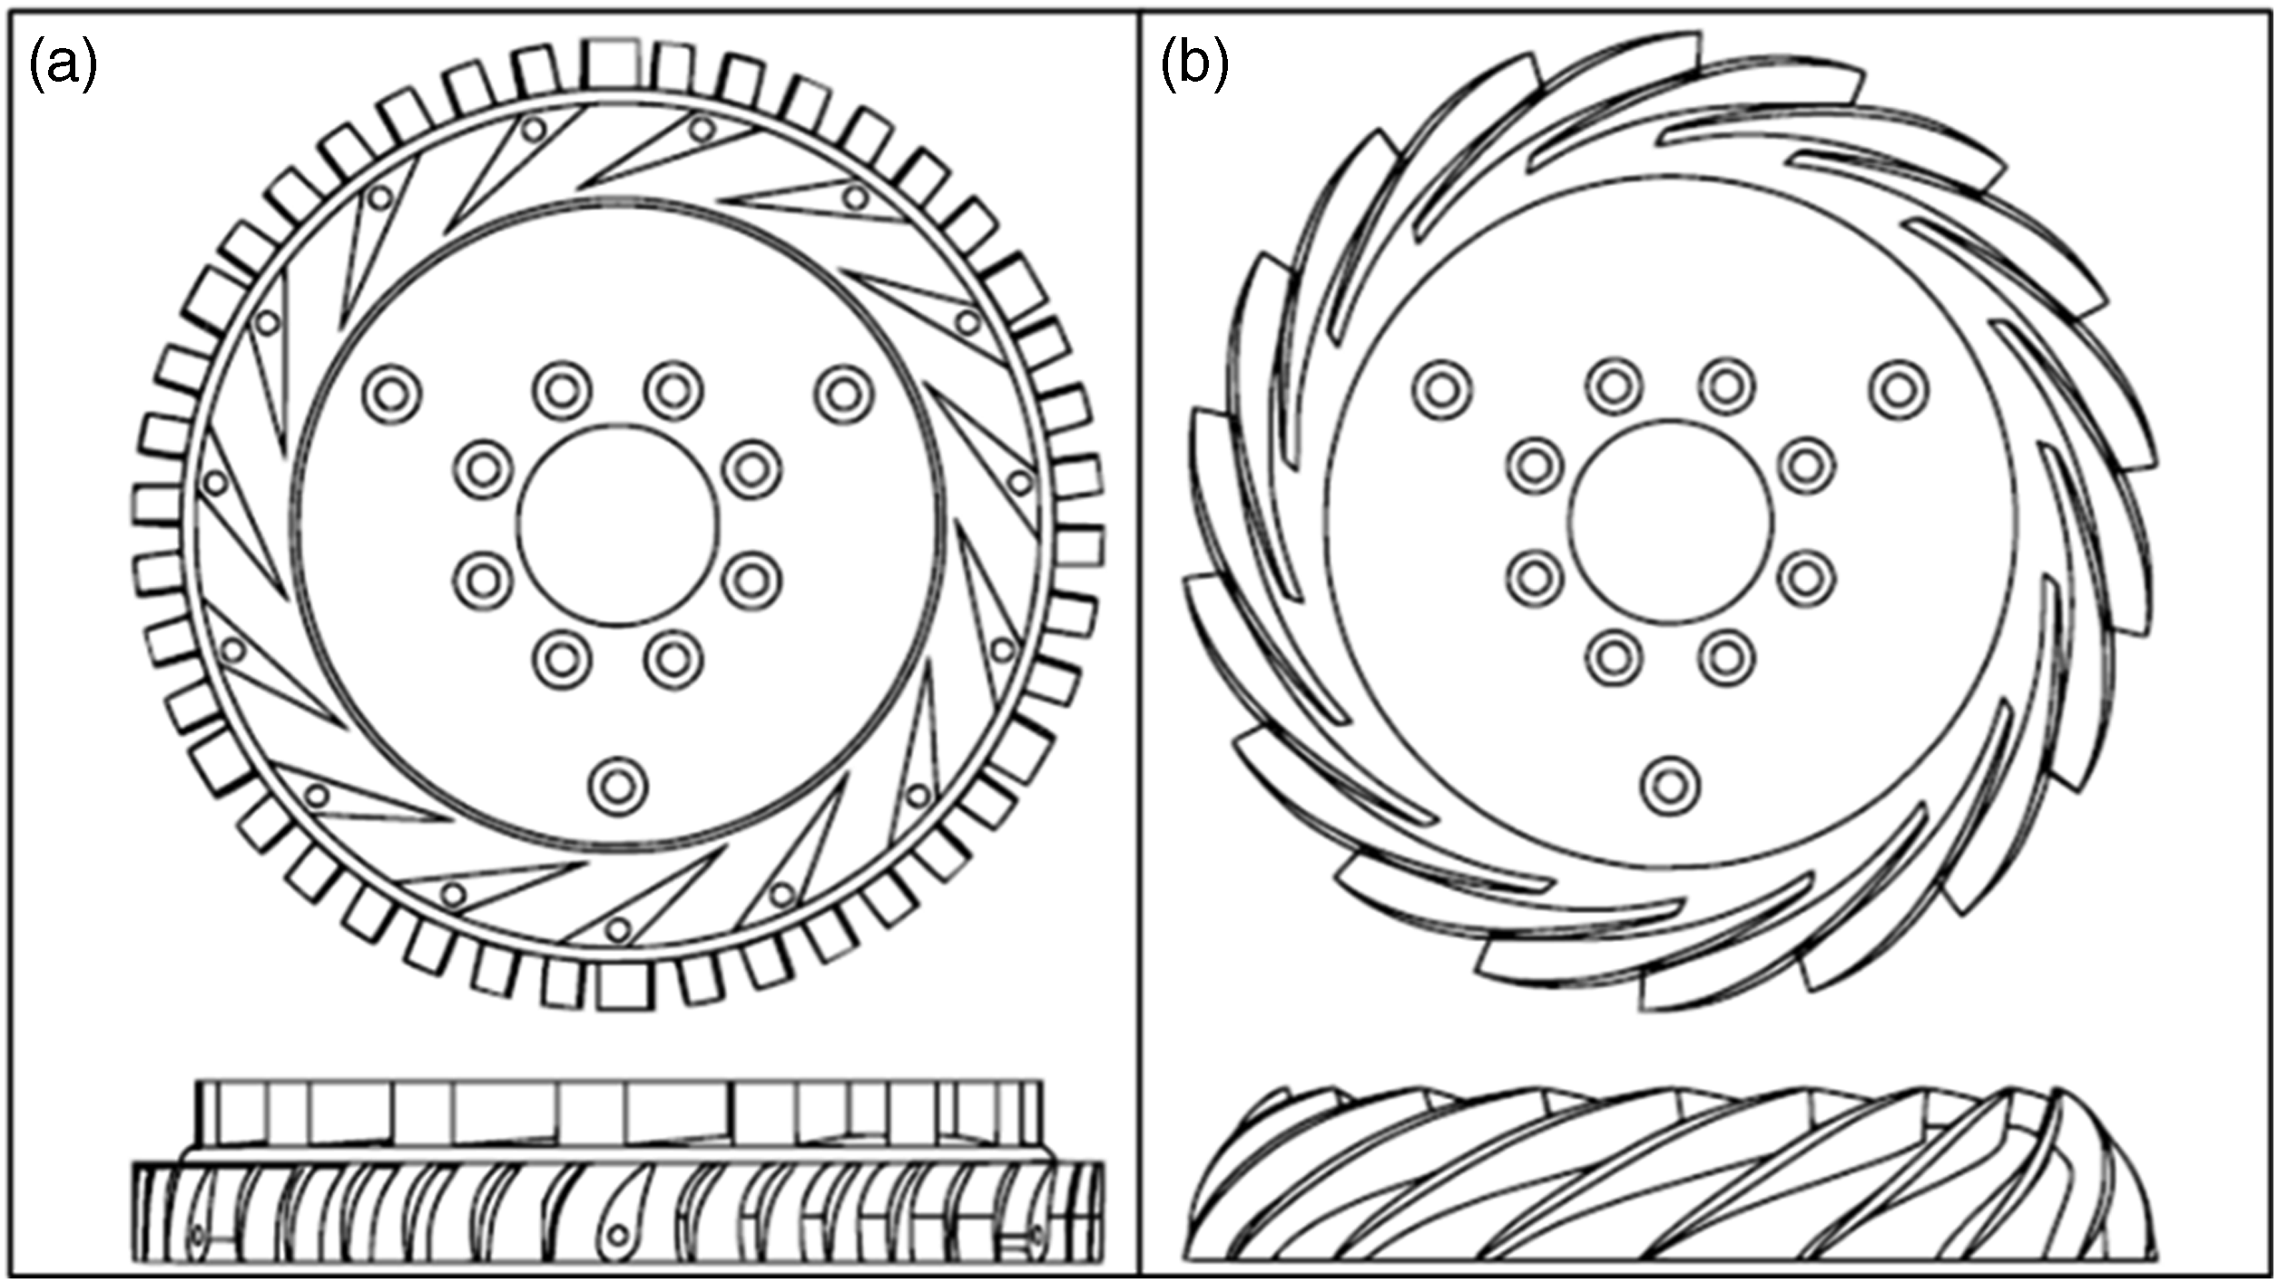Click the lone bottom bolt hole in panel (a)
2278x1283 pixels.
(x=618, y=786)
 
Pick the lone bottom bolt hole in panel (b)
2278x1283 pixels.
(x=1670, y=786)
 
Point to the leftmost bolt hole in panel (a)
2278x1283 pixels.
(x=392, y=394)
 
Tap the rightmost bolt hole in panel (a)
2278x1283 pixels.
(x=844, y=394)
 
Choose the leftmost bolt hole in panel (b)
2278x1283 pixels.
(x=1443, y=390)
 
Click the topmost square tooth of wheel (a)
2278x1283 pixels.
(x=615, y=64)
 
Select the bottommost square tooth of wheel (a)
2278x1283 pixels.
(x=624, y=984)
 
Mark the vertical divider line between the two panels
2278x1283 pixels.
(x=1140, y=641)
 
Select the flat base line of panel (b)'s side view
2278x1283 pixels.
(x=1670, y=1259)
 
